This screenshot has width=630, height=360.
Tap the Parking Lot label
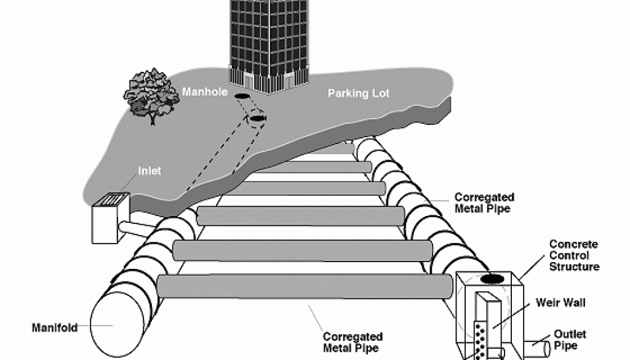pos(358,94)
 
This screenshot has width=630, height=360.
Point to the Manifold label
pos(54,328)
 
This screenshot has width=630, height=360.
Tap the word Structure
pos(575,266)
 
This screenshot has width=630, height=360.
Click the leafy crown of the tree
pos(148,92)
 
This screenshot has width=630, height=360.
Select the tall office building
pos(268,43)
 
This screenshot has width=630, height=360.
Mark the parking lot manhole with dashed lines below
pos(257,118)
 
